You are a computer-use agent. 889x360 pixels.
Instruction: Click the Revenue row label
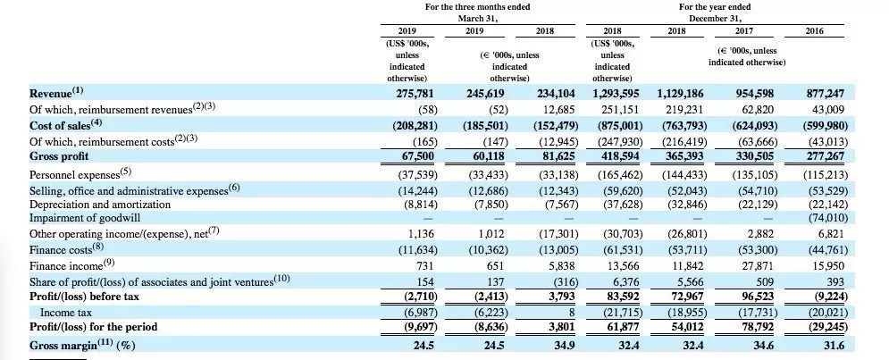(56, 92)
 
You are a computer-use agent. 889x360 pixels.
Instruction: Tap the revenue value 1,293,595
(616, 92)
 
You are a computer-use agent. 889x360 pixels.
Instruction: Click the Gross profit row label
(62, 155)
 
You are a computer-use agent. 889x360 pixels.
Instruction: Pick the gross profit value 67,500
(418, 155)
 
